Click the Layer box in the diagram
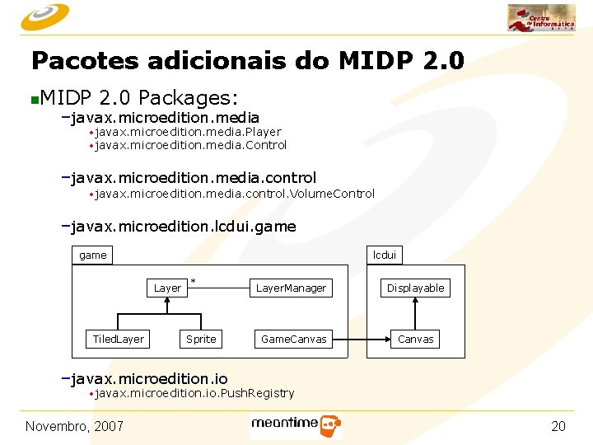pos(167,288)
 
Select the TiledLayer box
pos(118,339)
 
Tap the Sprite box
pos(201,339)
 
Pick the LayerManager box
pos(291,288)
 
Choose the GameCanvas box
pos(293,339)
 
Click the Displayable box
pos(416,288)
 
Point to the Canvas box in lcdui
pos(416,339)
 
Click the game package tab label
pos(93,255)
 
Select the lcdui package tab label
pos(385,255)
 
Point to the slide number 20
pos(558,425)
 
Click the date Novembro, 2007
pos(74,425)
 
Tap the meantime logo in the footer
pos(296,426)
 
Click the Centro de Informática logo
pos(541,18)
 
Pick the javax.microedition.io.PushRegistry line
pos(194,394)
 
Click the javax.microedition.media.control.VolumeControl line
pos(235,194)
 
